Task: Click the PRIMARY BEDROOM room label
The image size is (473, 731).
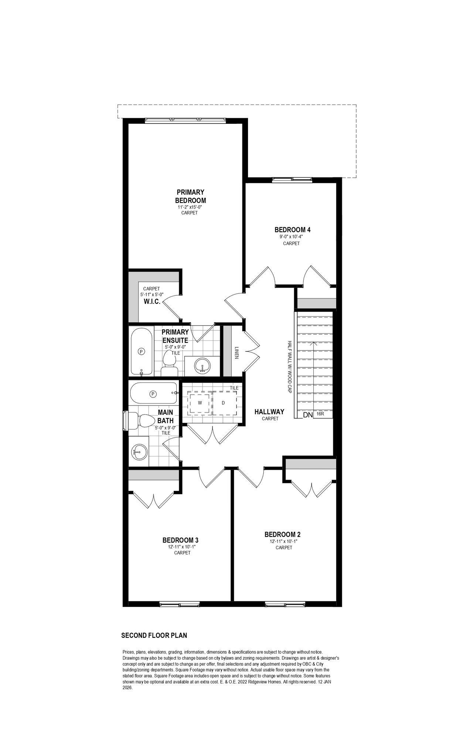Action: [x=190, y=196]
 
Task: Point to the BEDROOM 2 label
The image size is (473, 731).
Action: [x=283, y=534]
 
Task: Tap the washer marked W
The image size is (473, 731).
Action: [x=200, y=403]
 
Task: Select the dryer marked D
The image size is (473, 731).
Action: [x=224, y=403]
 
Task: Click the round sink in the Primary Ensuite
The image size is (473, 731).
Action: [x=203, y=366]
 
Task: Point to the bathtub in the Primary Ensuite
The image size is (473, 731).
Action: [x=141, y=351]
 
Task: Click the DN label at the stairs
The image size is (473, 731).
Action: [x=308, y=415]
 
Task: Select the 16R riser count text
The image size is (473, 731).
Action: [x=320, y=414]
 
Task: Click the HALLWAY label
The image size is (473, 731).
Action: [x=269, y=412]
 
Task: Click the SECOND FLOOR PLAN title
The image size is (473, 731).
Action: [x=154, y=636]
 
